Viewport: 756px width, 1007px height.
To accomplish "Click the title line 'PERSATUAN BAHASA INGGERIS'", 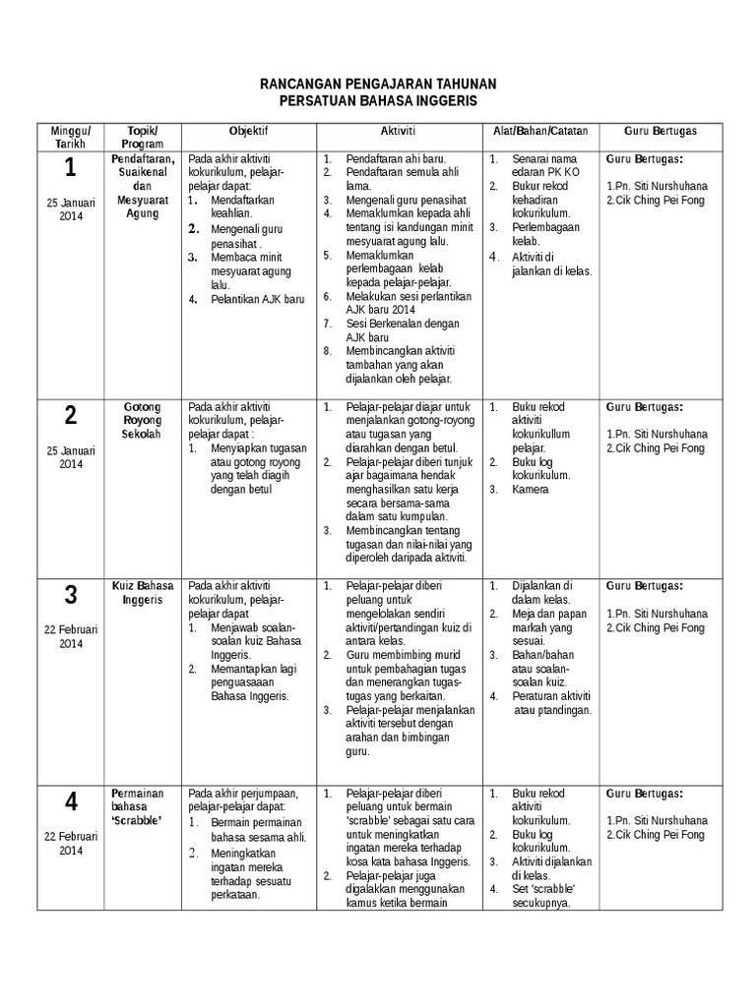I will point(377,101).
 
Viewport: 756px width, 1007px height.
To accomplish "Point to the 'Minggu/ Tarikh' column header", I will point(71,137).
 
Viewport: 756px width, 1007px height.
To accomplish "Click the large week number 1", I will point(71,169).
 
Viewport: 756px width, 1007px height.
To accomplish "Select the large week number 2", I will point(71,416).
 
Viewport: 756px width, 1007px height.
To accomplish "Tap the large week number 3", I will point(71,595).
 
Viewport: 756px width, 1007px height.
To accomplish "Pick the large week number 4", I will point(71,802).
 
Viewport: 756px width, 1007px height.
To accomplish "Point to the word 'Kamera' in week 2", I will point(531,489).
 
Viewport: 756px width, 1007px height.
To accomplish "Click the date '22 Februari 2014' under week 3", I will point(71,635).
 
